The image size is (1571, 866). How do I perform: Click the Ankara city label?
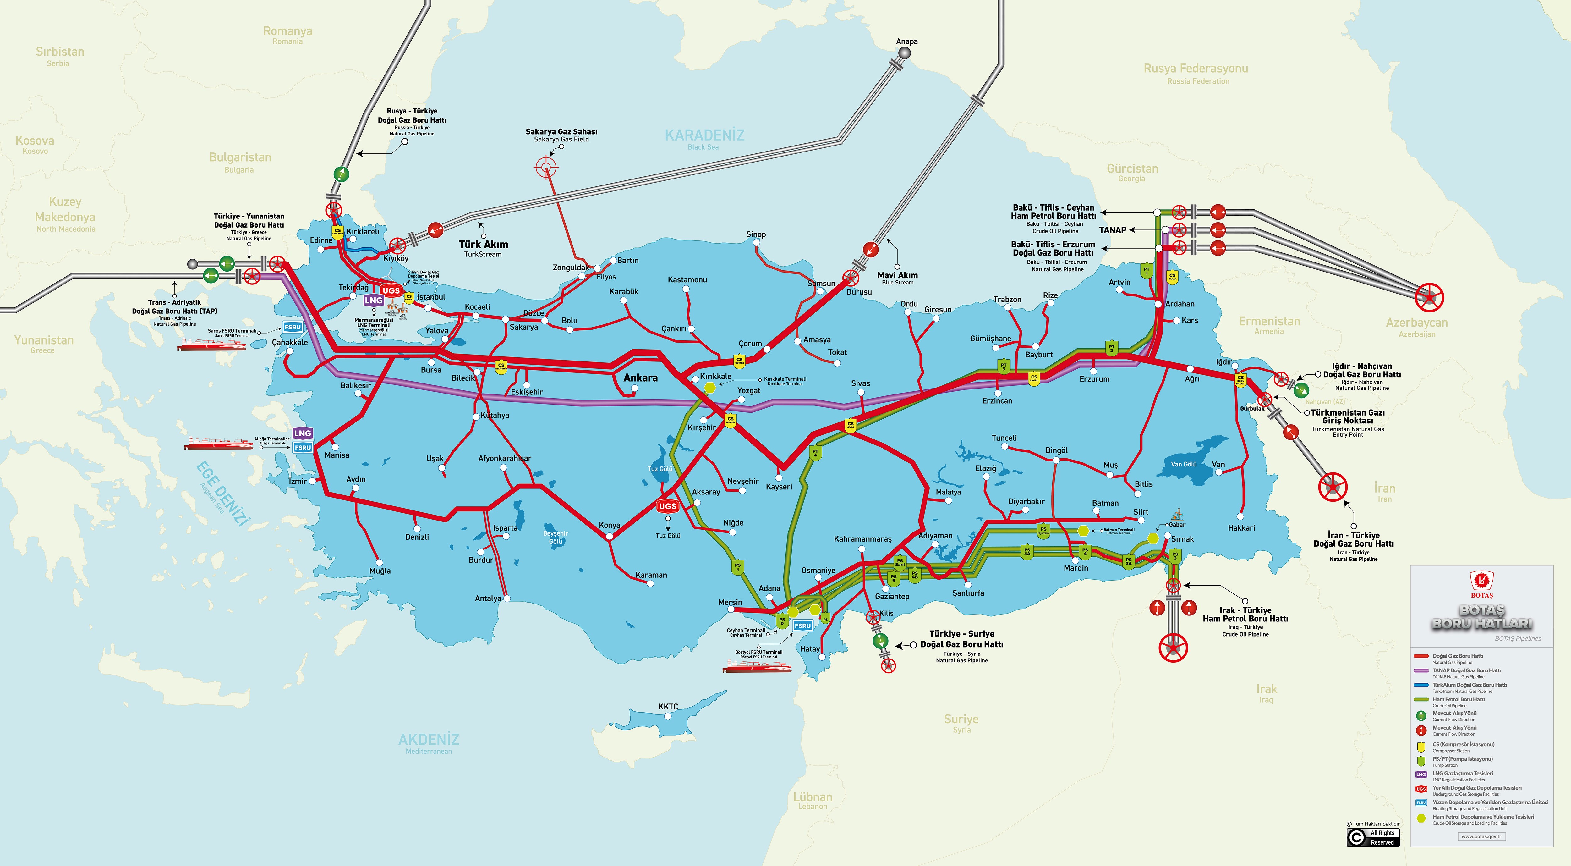coord(640,378)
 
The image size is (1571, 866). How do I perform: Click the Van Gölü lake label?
coord(1184,464)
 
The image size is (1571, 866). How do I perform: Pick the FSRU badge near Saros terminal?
coord(293,327)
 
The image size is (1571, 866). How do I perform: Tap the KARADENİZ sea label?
coord(704,135)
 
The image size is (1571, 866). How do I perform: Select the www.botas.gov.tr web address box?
coord(1481,837)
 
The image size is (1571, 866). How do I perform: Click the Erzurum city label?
coord(1095,379)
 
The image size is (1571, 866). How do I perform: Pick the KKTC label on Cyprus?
coord(668,707)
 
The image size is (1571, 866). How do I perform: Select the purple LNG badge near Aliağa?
coord(303,433)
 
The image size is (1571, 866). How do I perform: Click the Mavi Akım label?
coord(897,275)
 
